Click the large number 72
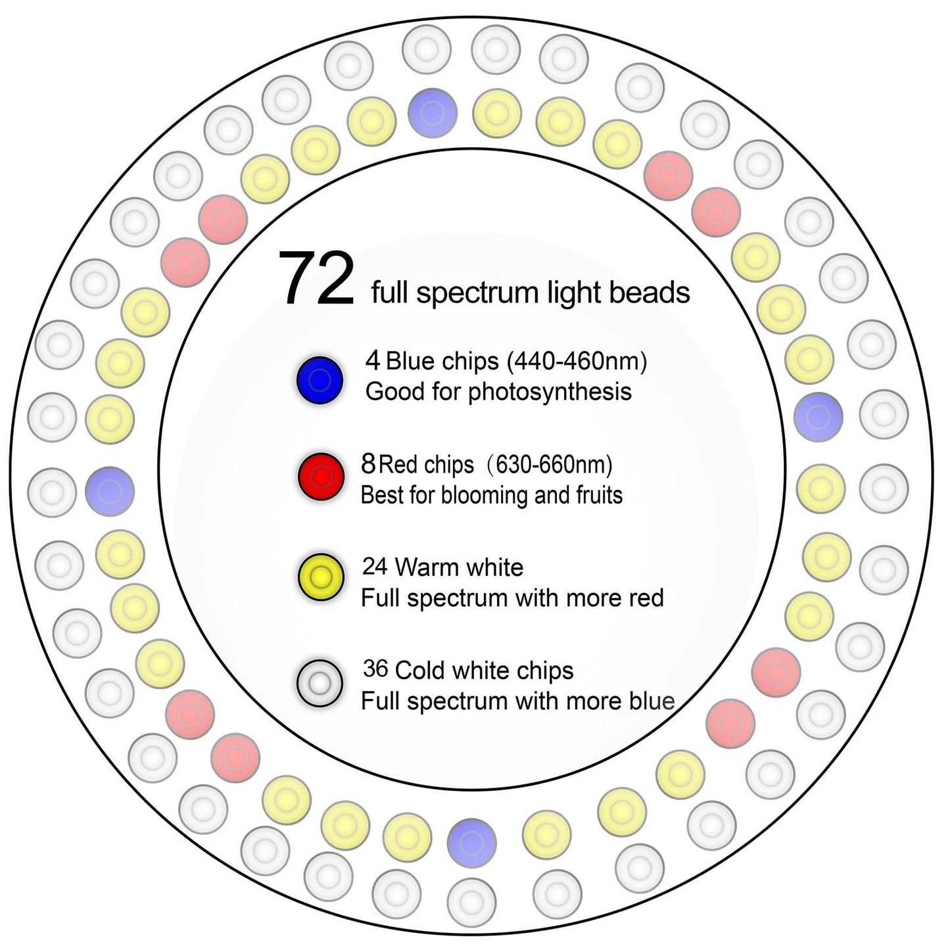(x=316, y=278)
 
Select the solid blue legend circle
(x=320, y=380)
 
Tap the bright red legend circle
(x=321, y=476)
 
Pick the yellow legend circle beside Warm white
(x=321, y=577)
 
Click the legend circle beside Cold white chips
(x=320, y=683)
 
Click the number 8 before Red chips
(x=368, y=464)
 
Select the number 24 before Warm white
(x=375, y=567)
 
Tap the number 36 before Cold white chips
(x=375, y=669)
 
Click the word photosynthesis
(x=550, y=392)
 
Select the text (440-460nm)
(x=577, y=362)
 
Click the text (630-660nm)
(x=548, y=465)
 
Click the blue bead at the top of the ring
(x=433, y=113)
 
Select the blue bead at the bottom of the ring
(x=472, y=843)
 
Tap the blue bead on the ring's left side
(x=109, y=491)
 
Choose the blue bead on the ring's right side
(x=819, y=417)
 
